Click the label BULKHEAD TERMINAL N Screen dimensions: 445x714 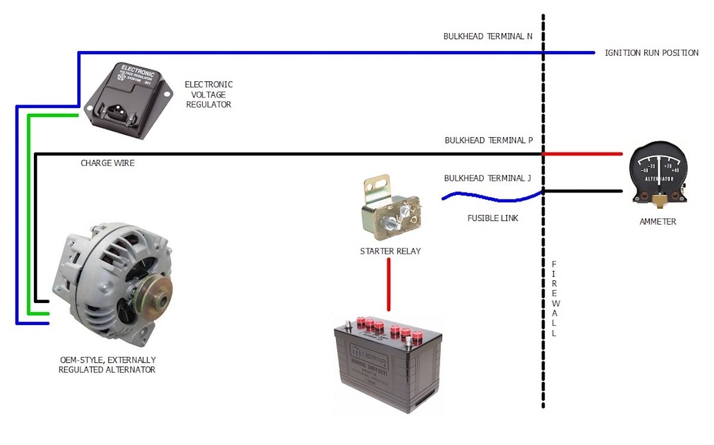click(488, 36)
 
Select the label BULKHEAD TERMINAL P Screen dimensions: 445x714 click(488, 141)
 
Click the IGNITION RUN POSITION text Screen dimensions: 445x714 click(652, 53)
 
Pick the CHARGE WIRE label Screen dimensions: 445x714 click(108, 163)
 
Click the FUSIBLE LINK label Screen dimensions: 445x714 click(492, 218)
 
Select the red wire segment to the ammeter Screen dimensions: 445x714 click(583, 154)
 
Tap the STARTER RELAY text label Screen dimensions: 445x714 click(390, 251)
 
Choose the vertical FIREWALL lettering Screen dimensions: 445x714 click(554, 299)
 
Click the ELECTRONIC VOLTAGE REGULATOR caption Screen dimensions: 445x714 click(208, 94)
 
